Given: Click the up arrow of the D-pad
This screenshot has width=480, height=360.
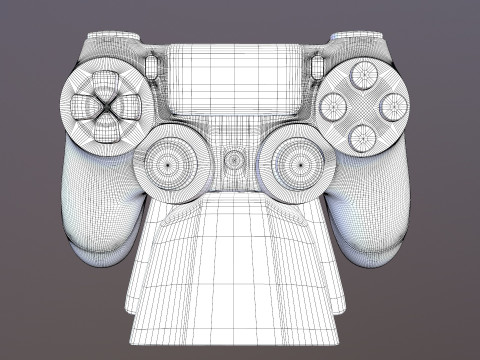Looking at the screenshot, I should (104, 79).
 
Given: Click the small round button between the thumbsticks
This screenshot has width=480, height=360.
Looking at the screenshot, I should (234, 159).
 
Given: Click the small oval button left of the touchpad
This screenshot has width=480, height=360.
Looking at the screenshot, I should (151, 66).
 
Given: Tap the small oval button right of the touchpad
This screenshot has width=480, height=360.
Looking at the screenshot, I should (318, 66).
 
